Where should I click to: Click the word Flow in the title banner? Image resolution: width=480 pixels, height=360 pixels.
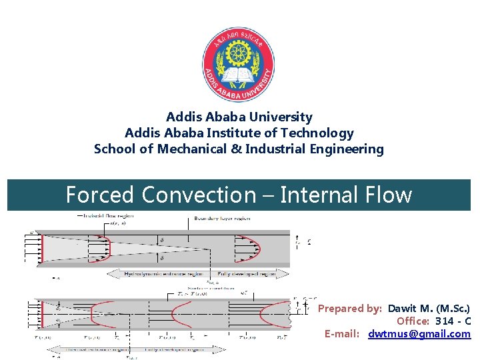click(x=390, y=195)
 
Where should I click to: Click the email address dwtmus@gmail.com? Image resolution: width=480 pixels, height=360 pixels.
click(x=419, y=333)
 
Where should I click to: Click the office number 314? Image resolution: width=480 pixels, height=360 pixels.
click(x=445, y=321)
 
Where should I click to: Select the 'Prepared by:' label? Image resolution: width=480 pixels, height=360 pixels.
click(x=349, y=309)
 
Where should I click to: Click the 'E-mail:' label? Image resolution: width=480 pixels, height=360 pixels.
click(x=342, y=333)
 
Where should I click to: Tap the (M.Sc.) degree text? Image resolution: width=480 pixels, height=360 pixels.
click(x=453, y=309)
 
